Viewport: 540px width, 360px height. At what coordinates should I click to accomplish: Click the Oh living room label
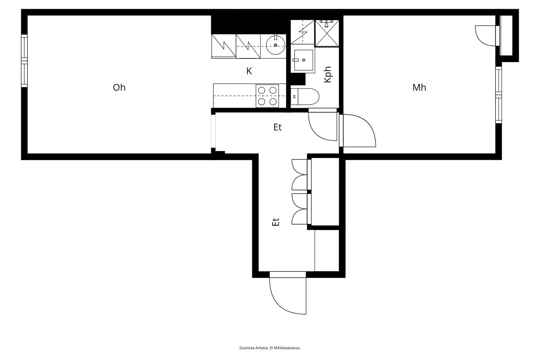click(119, 87)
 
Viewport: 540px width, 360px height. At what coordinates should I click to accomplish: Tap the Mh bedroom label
click(419, 87)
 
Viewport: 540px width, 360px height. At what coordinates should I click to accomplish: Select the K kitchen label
click(249, 71)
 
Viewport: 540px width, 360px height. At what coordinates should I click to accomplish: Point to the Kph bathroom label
click(328, 75)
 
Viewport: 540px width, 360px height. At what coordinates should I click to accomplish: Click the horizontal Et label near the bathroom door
click(277, 127)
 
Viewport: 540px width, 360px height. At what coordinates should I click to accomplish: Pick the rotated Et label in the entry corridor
click(275, 222)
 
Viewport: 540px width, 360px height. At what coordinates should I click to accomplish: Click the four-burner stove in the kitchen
click(267, 96)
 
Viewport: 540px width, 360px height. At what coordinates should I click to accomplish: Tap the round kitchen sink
click(275, 45)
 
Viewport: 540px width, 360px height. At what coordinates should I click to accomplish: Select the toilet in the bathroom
click(305, 97)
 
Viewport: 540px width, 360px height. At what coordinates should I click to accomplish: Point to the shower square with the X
click(327, 33)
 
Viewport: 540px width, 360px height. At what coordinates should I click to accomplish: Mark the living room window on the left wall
click(24, 60)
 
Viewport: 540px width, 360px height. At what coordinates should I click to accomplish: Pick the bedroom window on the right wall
click(498, 95)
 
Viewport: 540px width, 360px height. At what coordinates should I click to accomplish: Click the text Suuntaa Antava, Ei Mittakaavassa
click(270, 348)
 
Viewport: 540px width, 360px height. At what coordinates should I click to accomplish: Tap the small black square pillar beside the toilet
click(298, 79)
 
